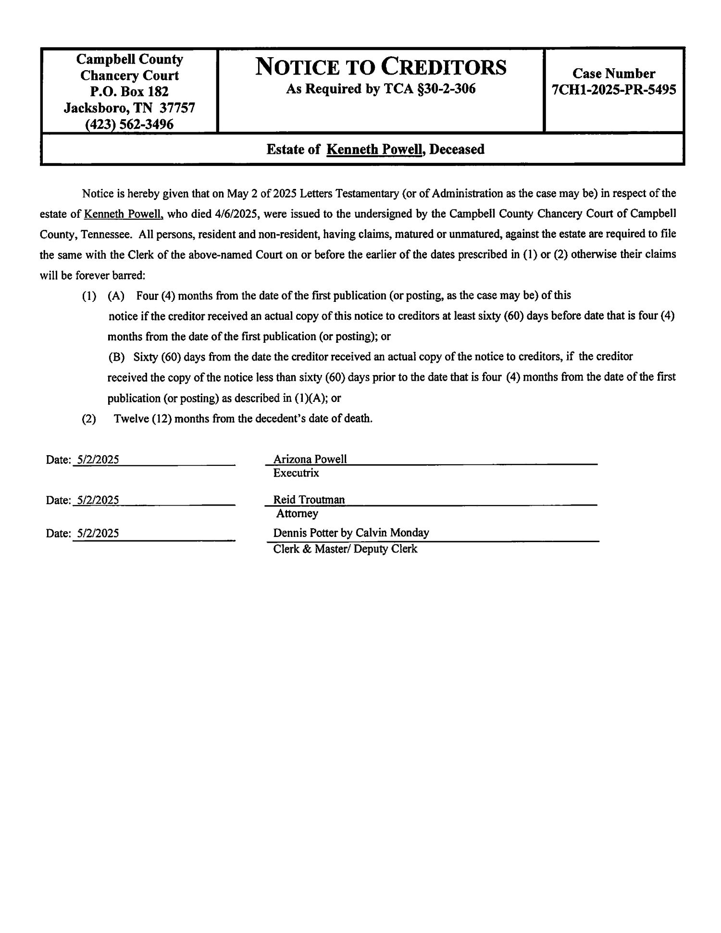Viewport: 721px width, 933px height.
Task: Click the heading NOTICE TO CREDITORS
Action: (x=380, y=67)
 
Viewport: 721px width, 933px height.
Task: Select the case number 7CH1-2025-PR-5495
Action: (x=614, y=90)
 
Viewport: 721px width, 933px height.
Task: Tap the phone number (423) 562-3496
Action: (x=129, y=124)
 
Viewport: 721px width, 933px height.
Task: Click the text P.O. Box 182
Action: (x=129, y=91)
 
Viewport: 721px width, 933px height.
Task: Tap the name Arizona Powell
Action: (x=310, y=459)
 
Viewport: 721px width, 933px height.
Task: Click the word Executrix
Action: (x=296, y=473)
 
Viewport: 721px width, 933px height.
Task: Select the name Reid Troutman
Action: (x=309, y=499)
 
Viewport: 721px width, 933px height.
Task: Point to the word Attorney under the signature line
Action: (x=297, y=514)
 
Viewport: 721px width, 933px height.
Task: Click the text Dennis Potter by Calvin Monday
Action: (x=351, y=533)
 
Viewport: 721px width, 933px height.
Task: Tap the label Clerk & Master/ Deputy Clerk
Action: (x=345, y=549)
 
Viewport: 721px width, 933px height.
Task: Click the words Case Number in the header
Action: (x=613, y=74)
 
